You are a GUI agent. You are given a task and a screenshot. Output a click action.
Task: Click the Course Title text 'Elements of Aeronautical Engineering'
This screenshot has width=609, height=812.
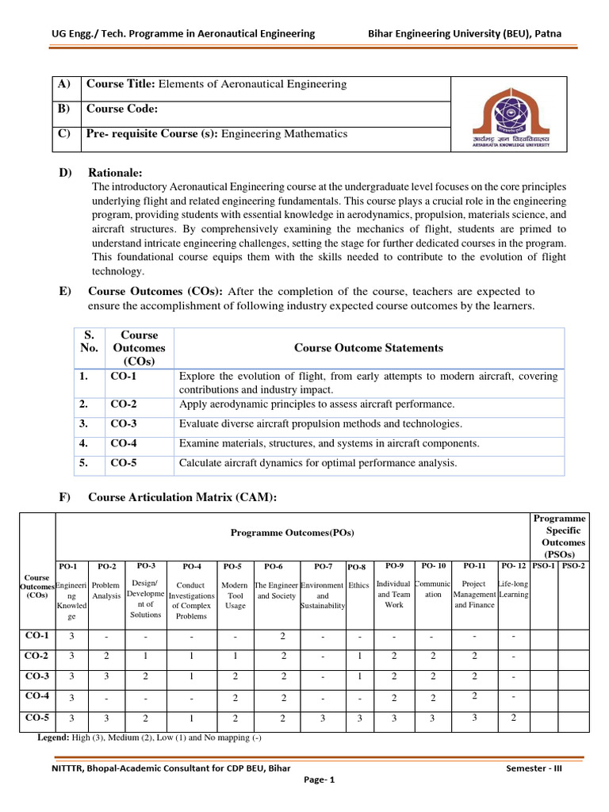click(x=253, y=84)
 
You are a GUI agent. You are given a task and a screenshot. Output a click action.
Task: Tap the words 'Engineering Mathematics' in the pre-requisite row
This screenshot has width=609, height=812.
click(x=284, y=133)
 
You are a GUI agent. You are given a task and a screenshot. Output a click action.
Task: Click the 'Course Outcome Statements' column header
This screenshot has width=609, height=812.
click(x=369, y=347)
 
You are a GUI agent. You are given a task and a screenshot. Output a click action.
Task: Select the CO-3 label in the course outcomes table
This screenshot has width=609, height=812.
click(x=124, y=423)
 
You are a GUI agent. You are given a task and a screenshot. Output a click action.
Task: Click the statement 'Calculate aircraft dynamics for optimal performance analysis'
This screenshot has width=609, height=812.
click(x=318, y=462)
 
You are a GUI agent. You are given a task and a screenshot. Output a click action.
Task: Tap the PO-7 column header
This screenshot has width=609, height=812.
click(x=323, y=566)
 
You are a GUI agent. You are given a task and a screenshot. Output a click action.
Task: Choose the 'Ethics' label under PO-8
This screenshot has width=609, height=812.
click(x=358, y=585)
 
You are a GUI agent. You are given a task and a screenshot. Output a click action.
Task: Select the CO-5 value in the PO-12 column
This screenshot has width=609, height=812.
click(x=513, y=718)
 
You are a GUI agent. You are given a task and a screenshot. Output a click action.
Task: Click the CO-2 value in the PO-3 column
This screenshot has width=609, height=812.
click(x=145, y=656)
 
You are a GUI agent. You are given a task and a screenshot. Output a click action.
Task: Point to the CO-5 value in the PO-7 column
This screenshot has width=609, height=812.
click(x=323, y=718)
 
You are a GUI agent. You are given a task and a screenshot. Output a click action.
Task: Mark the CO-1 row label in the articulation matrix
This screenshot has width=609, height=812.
click(x=37, y=635)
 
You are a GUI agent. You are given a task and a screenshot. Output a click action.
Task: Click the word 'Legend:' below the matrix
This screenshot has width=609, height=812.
click(x=57, y=737)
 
